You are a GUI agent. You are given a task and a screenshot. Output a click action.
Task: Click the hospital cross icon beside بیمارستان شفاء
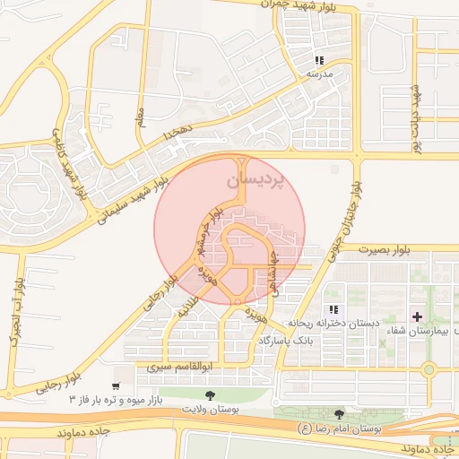[418, 316]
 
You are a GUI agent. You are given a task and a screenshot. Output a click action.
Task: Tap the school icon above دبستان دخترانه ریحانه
[333, 308]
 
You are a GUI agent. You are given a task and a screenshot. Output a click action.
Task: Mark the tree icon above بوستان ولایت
[210, 394]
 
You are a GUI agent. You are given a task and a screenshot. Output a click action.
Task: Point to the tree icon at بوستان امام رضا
[339, 413]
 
